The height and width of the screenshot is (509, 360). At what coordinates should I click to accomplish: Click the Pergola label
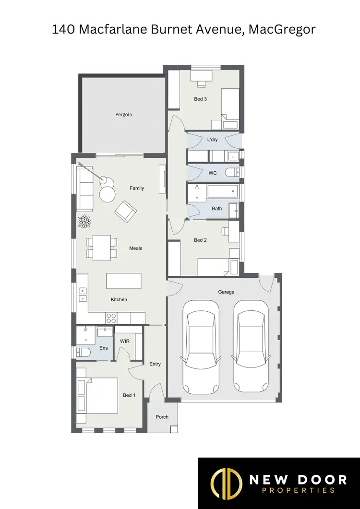pos(123,115)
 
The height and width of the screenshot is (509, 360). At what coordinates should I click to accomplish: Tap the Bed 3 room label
pos(201,99)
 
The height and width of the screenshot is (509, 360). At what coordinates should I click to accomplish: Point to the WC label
pos(213,173)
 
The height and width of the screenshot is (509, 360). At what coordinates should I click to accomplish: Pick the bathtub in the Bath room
pos(223,192)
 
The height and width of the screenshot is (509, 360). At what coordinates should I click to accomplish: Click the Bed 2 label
pos(201,240)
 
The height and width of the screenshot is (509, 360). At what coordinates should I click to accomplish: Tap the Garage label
pos(225,292)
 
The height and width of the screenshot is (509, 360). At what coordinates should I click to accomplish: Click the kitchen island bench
pos(124,281)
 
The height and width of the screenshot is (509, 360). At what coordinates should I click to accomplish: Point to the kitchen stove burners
pos(111,318)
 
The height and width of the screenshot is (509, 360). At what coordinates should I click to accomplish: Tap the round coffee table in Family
pos(108,194)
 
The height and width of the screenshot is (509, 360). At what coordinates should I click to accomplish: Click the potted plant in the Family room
pos(85,221)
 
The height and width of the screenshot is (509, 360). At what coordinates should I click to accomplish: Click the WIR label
pos(125,341)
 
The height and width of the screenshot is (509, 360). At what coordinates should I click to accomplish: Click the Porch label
pos(162,417)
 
